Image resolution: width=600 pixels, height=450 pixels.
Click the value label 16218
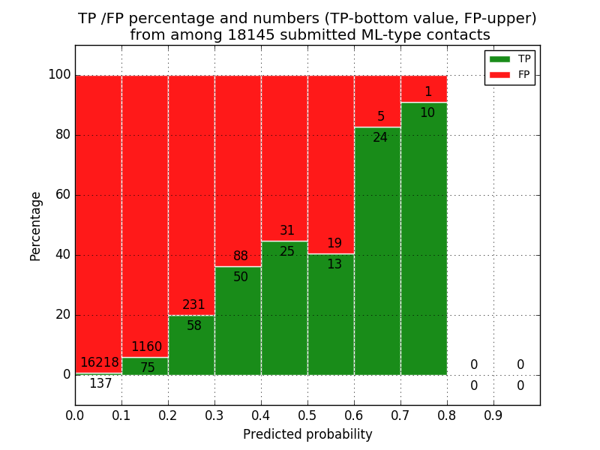100,363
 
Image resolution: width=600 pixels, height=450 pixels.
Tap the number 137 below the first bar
100,384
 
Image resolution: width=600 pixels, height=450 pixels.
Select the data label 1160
146,347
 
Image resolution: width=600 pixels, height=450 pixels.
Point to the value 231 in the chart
193,305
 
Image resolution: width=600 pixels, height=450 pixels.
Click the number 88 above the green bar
241,256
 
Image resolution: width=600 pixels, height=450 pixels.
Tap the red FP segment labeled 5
377,97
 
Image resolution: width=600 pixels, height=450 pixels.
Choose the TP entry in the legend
510,58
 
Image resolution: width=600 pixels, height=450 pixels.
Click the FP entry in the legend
510,74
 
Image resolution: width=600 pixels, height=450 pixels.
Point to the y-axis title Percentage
36,226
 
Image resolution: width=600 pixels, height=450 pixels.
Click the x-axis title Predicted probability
307,435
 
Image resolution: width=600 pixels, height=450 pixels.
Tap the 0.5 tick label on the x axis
307,414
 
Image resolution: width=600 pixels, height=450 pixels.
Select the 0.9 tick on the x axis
493,414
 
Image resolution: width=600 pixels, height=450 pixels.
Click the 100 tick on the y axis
59,75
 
